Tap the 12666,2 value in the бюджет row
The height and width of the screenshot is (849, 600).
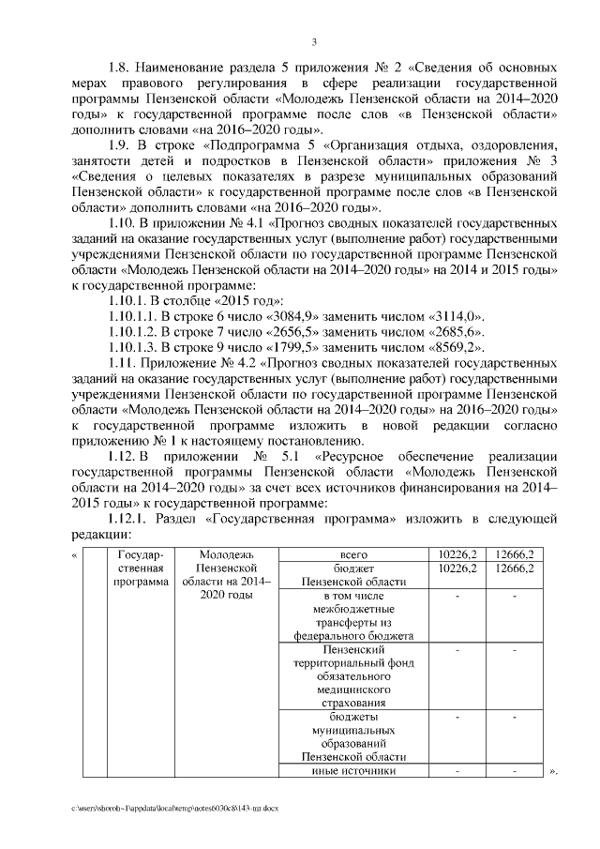click(x=515, y=569)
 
